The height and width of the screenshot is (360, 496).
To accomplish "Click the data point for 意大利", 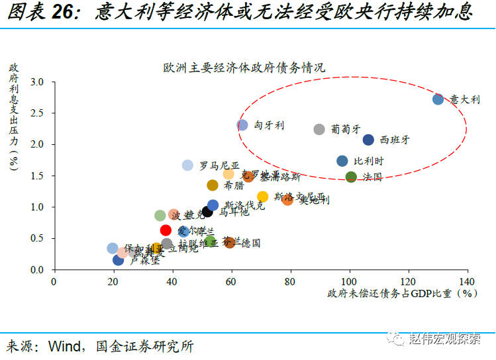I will (x=438, y=99).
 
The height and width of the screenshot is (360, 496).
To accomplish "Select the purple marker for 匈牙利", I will (x=242, y=125).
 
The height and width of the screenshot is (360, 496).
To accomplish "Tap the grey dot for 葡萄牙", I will (x=319, y=129).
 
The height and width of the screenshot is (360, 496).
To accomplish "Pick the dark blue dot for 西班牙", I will (x=368, y=140).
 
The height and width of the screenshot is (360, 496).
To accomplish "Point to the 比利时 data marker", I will (x=342, y=161).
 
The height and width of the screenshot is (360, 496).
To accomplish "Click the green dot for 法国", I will (x=351, y=177).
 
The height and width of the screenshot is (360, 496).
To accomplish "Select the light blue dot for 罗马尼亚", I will (x=188, y=165).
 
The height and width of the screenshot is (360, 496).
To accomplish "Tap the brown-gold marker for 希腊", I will (x=213, y=185).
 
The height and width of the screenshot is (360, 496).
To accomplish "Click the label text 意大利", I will (x=464, y=99).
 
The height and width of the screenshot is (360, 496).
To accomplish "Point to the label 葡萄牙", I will (x=346, y=129).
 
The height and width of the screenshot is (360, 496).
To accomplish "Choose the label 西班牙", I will (x=395, y=140).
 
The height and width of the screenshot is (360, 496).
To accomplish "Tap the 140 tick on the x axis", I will (x=467, y=281).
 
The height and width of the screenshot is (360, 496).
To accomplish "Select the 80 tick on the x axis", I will (x=290, y=281).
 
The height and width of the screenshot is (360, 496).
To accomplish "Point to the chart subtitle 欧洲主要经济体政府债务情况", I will (x=244, y=67).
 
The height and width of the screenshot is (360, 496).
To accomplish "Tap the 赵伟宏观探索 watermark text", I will (x=445, y=339).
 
